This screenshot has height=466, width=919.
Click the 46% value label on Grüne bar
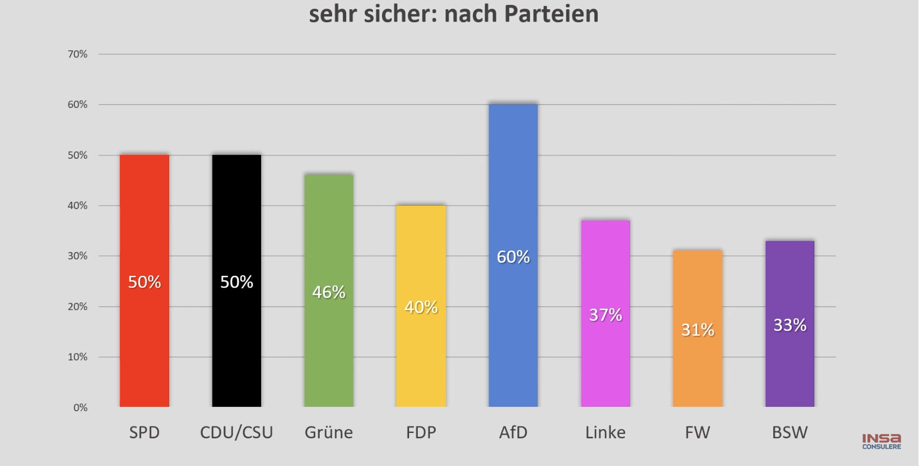329,293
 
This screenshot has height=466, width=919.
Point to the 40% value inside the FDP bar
421,307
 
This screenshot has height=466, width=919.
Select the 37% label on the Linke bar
605,315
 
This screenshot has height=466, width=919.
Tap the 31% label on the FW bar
697,329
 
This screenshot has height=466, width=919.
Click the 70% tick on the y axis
77,54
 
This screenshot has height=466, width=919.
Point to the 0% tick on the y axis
80,407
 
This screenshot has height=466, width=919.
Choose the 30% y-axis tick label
77,256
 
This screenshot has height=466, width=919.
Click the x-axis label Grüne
328,432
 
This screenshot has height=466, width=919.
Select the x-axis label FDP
421,432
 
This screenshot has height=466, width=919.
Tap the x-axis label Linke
605,432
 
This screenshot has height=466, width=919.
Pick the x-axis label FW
697,432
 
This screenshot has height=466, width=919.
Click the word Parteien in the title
551,14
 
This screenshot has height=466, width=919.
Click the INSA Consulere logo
882,441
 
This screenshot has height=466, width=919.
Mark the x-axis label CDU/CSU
236,432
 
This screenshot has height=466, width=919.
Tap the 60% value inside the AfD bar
513,257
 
